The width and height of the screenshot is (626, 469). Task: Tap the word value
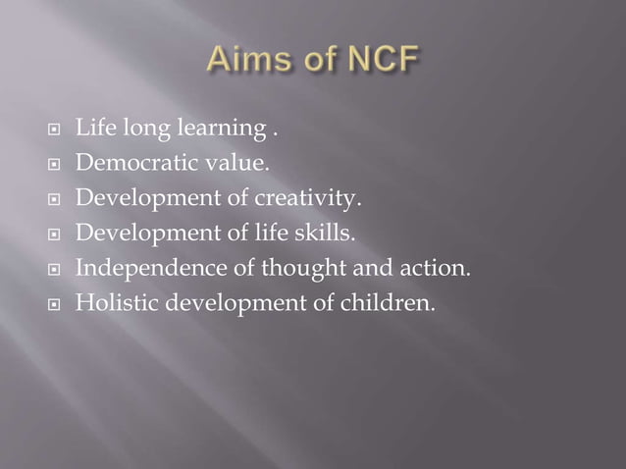click(223, 166)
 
